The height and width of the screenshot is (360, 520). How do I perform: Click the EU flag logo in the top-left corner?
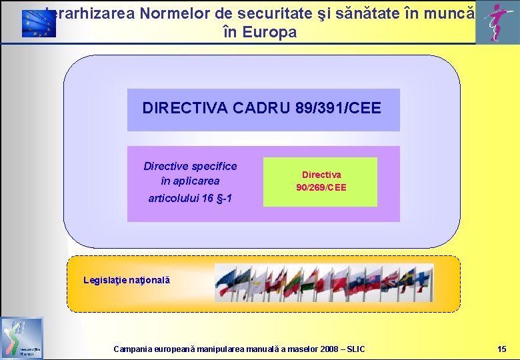point(39,23)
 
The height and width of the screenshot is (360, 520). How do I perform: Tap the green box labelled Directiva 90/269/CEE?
point(321,182)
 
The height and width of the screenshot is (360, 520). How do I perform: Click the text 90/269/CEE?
point(321,188)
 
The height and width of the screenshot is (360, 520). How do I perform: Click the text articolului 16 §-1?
point(190,198)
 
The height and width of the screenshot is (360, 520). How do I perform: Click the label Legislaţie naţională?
point(127,280)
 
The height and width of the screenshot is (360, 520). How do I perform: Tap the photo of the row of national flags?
point(324,283)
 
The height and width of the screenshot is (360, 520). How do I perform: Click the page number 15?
point(501,349)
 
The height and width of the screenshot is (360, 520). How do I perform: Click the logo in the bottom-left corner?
point(21,338)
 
